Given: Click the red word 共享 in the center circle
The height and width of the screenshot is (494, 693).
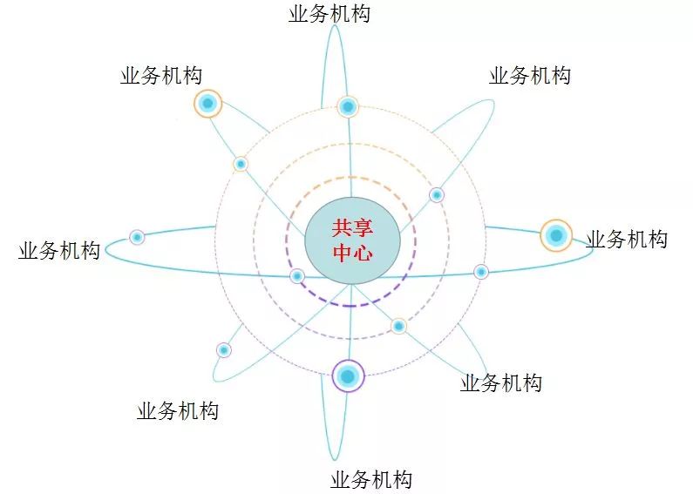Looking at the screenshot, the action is click(x=352, y=228).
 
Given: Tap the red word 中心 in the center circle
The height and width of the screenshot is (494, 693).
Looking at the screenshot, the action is click(x=352, y=254).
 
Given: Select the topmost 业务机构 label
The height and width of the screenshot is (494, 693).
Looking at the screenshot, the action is click(x=329, y=14).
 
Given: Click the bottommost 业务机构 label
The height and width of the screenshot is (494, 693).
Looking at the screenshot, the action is click(x=371, y=479).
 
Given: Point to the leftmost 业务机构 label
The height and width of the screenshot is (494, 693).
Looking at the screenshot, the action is click(x=59, y=251).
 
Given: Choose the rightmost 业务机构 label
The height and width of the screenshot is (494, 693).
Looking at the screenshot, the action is click(x=627, y=239).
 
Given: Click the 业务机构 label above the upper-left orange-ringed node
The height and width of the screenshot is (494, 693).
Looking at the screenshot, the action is click(x=161, y=76).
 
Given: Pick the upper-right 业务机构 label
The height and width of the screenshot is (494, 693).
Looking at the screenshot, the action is click(x=530, y=76).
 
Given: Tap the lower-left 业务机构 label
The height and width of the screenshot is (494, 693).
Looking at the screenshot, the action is click(x=178, y=411).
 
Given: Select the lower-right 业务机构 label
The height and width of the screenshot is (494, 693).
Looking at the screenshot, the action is click(x=501, y=382).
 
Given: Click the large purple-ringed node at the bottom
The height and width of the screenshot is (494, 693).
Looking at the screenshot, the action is click(x=348, y=376).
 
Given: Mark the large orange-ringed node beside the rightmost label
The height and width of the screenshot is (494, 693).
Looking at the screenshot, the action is click(x=555, y=235).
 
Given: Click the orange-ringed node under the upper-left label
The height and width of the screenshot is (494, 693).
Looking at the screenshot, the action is click(x=207, y=104).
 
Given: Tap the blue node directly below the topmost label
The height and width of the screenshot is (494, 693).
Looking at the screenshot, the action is click(x=348, y=107).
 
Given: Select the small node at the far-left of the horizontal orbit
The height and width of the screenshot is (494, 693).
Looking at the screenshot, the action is click(x=137, y=237).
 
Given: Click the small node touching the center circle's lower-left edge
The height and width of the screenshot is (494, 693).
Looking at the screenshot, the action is click(x=297, y=276).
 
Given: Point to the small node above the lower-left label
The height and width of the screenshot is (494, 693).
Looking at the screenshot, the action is click(x=224, y=350).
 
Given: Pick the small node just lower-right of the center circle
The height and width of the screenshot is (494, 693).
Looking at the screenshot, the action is click(x=398, y=326).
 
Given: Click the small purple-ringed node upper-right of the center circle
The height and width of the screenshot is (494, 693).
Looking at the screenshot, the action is click(x=437, y=194).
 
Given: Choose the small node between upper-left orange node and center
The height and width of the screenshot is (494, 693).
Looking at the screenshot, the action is click(x=241, y=164).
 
